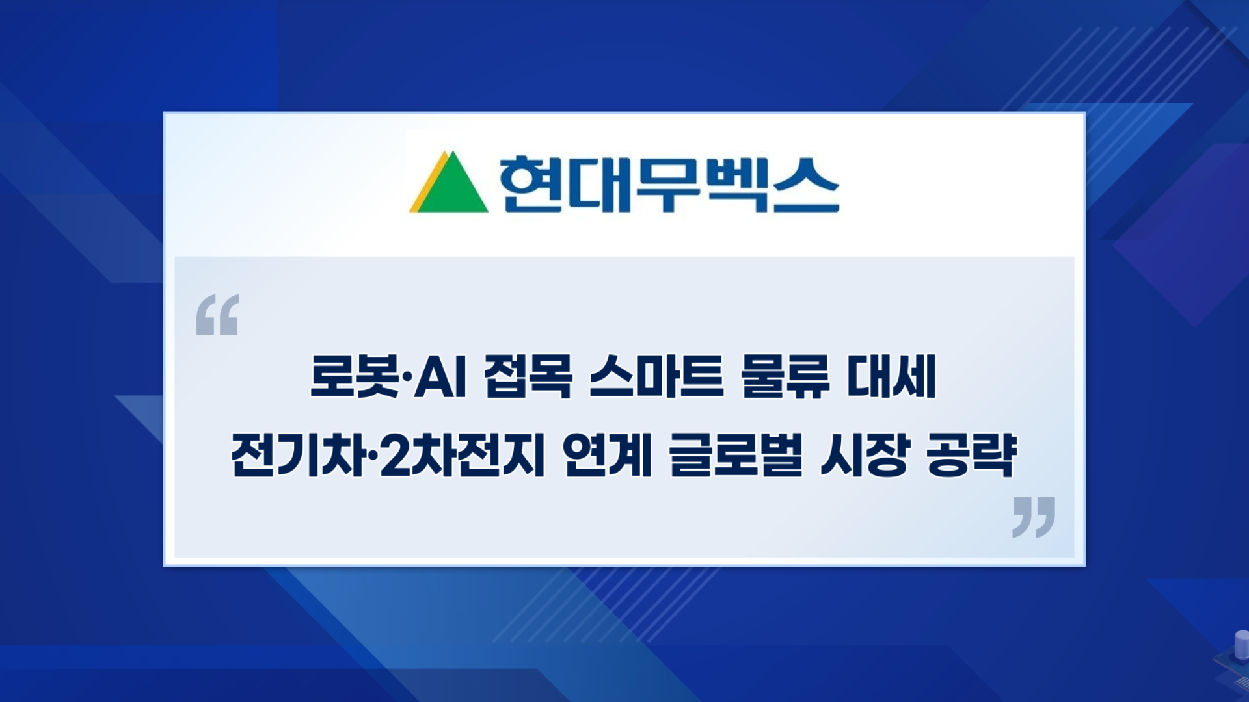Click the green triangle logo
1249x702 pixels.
(x=451, y=185)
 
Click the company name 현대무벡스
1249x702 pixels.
(x=669, y=184)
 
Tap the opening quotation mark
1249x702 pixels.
(x=217, y=315)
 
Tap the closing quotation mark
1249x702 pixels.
(x=1034, y=517)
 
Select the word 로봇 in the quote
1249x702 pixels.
(x=355, y=376)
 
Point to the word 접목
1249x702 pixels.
(x=528, y=376)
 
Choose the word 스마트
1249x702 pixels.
(x=656, y=376)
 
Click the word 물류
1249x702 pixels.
(x=785, y=376)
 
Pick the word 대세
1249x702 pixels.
(x=892, y=376)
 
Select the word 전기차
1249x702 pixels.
(x=299, y=455)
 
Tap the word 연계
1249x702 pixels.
(x=607, y=455)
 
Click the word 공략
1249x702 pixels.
(x=971, y=455)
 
